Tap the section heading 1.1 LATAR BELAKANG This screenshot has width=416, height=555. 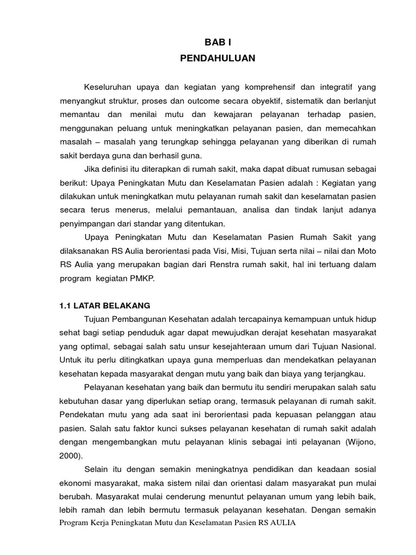(x=105, y=306)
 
